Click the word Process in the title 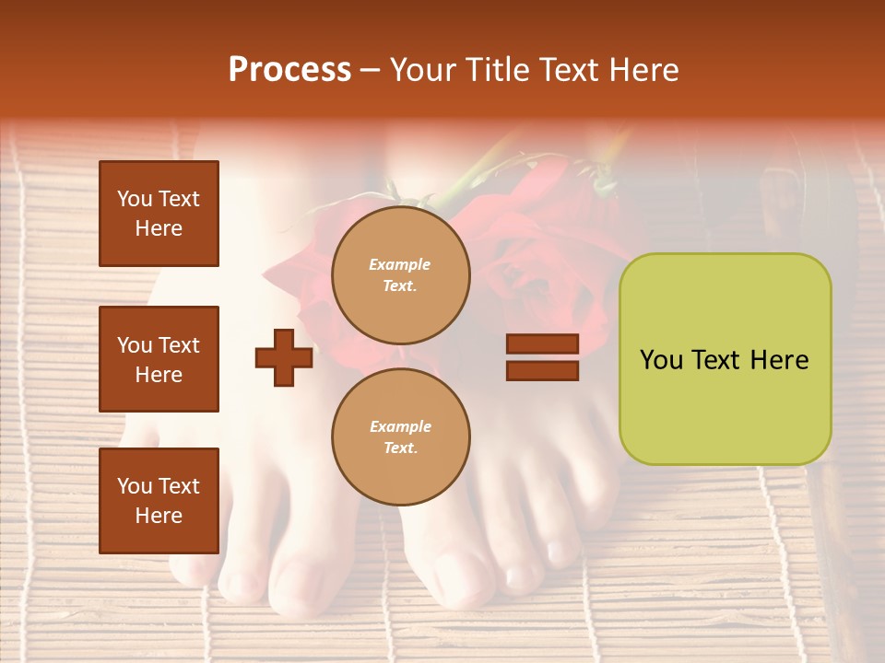[x=289, y=70]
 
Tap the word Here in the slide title [x=643, y=70]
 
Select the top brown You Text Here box [x=159, y=214]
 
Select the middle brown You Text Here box [x=159, y=359]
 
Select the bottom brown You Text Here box [x=159, y=501]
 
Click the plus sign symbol [x=284, y=357]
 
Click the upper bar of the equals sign [x=542, y=343]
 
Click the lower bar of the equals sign [x=542, y=370]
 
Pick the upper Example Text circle [x=400, y=275]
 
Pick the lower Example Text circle [x=400, y=436]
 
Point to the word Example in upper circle [x=399, y=264]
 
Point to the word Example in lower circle [x=400, y=426]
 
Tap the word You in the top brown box [x=134, y=199]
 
